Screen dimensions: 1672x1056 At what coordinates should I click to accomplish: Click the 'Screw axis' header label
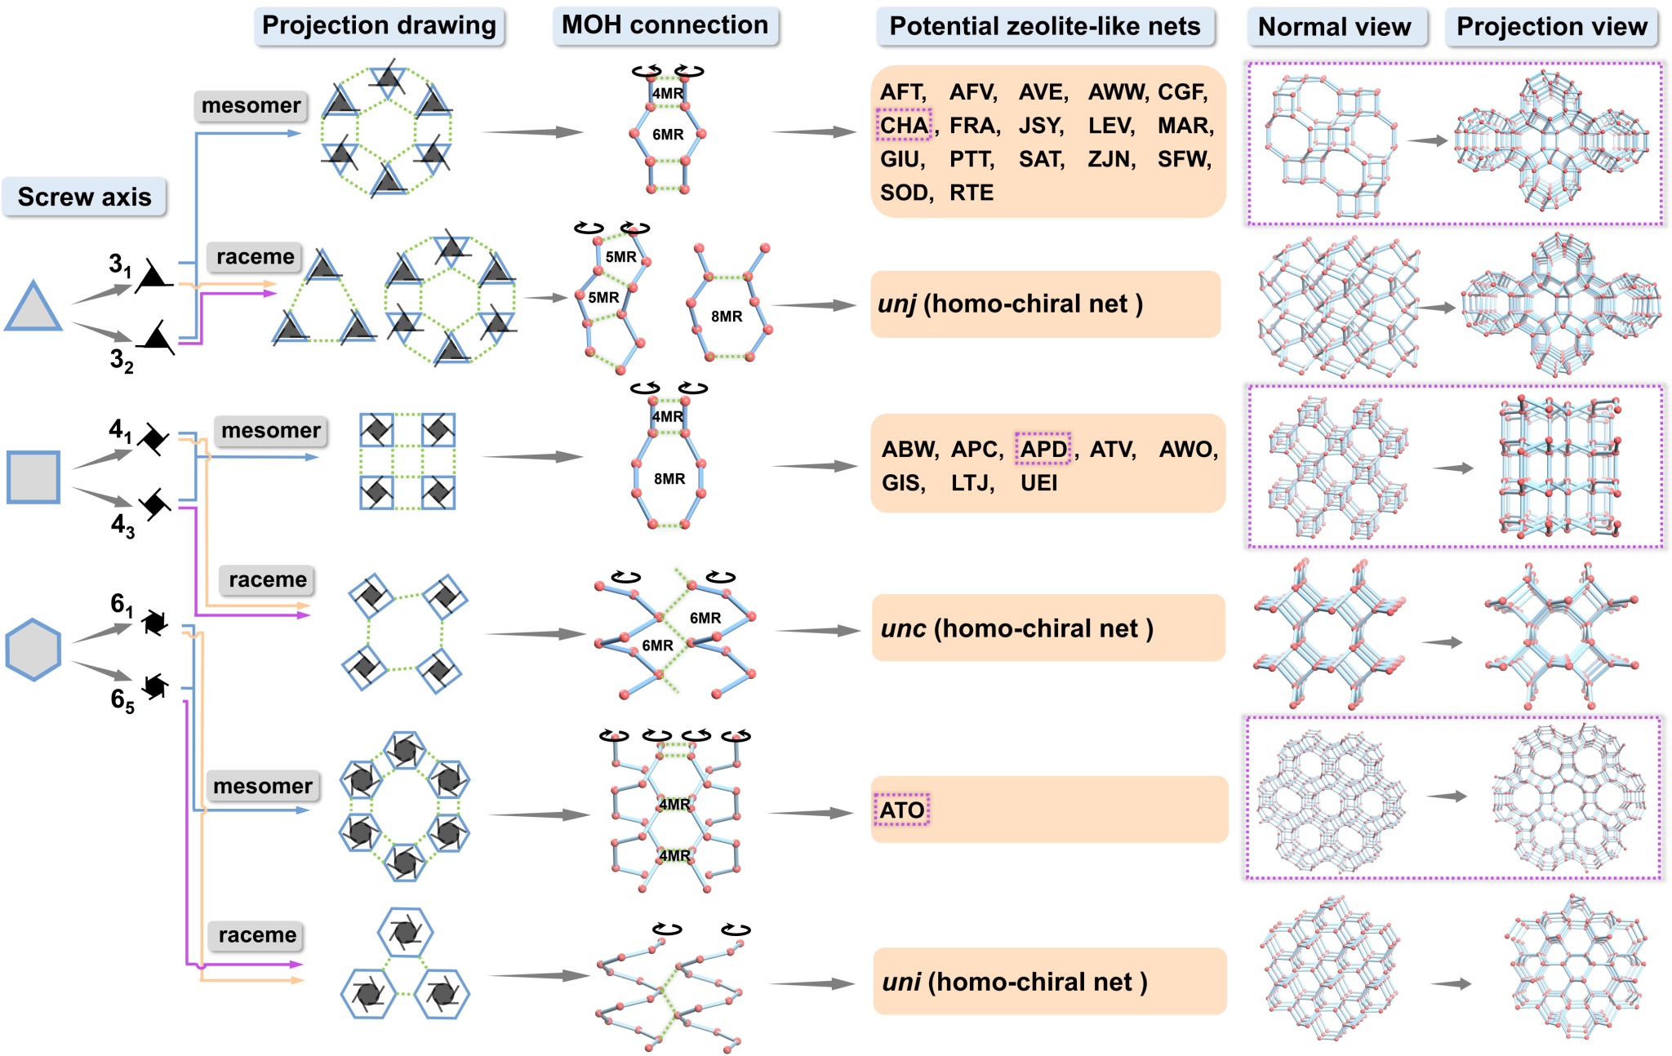pos(84,197)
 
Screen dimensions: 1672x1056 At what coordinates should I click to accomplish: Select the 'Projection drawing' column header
pos(379,25)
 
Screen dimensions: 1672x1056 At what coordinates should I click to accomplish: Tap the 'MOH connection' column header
pos(665,25)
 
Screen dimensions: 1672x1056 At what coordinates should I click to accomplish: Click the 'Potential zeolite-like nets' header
pos(1045,26)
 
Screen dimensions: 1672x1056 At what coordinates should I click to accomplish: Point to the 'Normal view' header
pos(1335,27)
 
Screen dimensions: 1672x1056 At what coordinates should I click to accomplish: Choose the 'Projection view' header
pos(1552,27)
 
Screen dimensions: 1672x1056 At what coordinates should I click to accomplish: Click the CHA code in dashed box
pos(904,125)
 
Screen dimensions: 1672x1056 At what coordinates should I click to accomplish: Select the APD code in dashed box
pos(1043,449)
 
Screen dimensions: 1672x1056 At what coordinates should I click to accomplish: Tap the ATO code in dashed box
pos(901,810)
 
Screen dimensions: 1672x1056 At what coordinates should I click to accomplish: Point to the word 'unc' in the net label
pos(903,628)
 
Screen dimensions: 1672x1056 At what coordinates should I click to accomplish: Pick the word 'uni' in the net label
pos(901,982)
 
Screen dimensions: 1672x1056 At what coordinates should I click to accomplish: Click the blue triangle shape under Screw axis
pos(33,307)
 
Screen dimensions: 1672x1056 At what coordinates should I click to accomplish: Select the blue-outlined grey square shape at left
pos(33,477)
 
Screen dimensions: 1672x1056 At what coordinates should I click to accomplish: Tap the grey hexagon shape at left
pos(33,650)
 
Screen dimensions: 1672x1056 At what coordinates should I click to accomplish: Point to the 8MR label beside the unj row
pos(727,316)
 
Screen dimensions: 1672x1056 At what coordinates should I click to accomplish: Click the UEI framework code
pos(1038,483)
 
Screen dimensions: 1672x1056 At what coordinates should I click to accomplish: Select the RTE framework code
pos(972,193)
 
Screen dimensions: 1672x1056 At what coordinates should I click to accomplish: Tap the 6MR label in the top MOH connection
pos(668,134)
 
